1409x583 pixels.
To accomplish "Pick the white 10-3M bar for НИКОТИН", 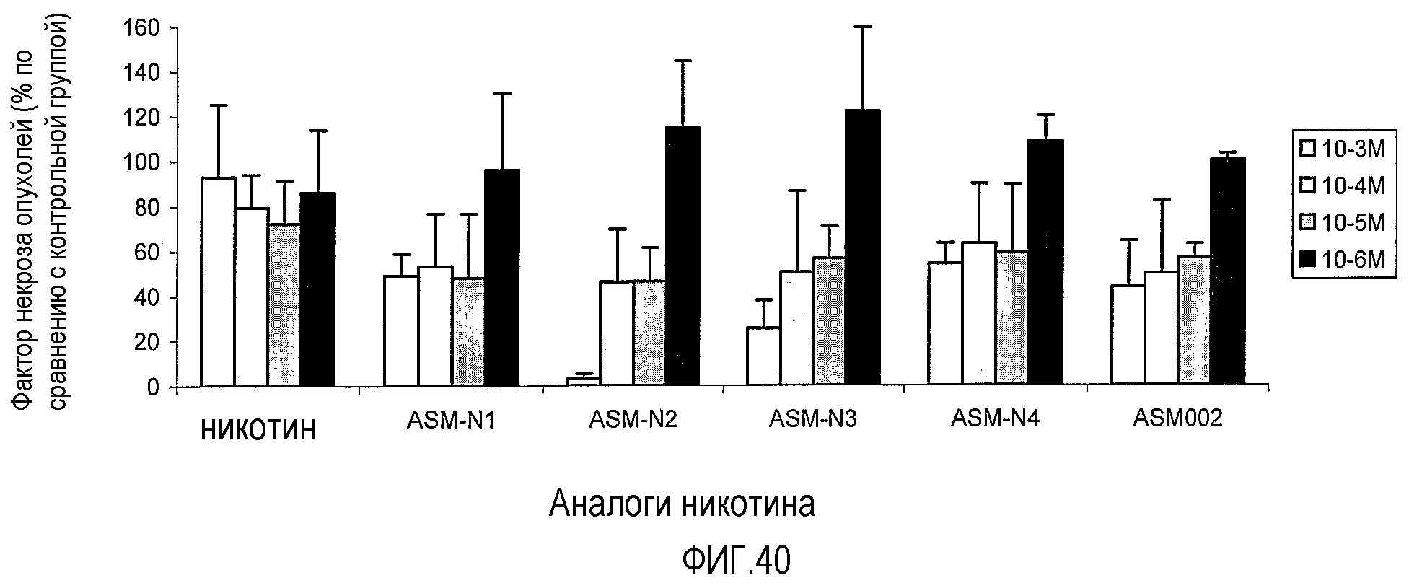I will [x=218, y=281].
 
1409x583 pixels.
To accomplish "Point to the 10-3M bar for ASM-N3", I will [x=763, y=356].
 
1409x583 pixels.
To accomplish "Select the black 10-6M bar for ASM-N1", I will [x=502, y=277].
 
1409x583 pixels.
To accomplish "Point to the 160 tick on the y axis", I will [x=173, y=28].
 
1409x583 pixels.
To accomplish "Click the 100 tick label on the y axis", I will [x=144, y=163].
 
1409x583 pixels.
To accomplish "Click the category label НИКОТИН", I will [x=258, y=430].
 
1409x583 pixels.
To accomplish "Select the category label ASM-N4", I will [x=996, y=418].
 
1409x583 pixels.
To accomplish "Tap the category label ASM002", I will [x=1177, y=418].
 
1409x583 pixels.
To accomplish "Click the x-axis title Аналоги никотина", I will [x=682, y=503].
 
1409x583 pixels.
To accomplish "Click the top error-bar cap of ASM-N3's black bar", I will [x=863, y=27].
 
